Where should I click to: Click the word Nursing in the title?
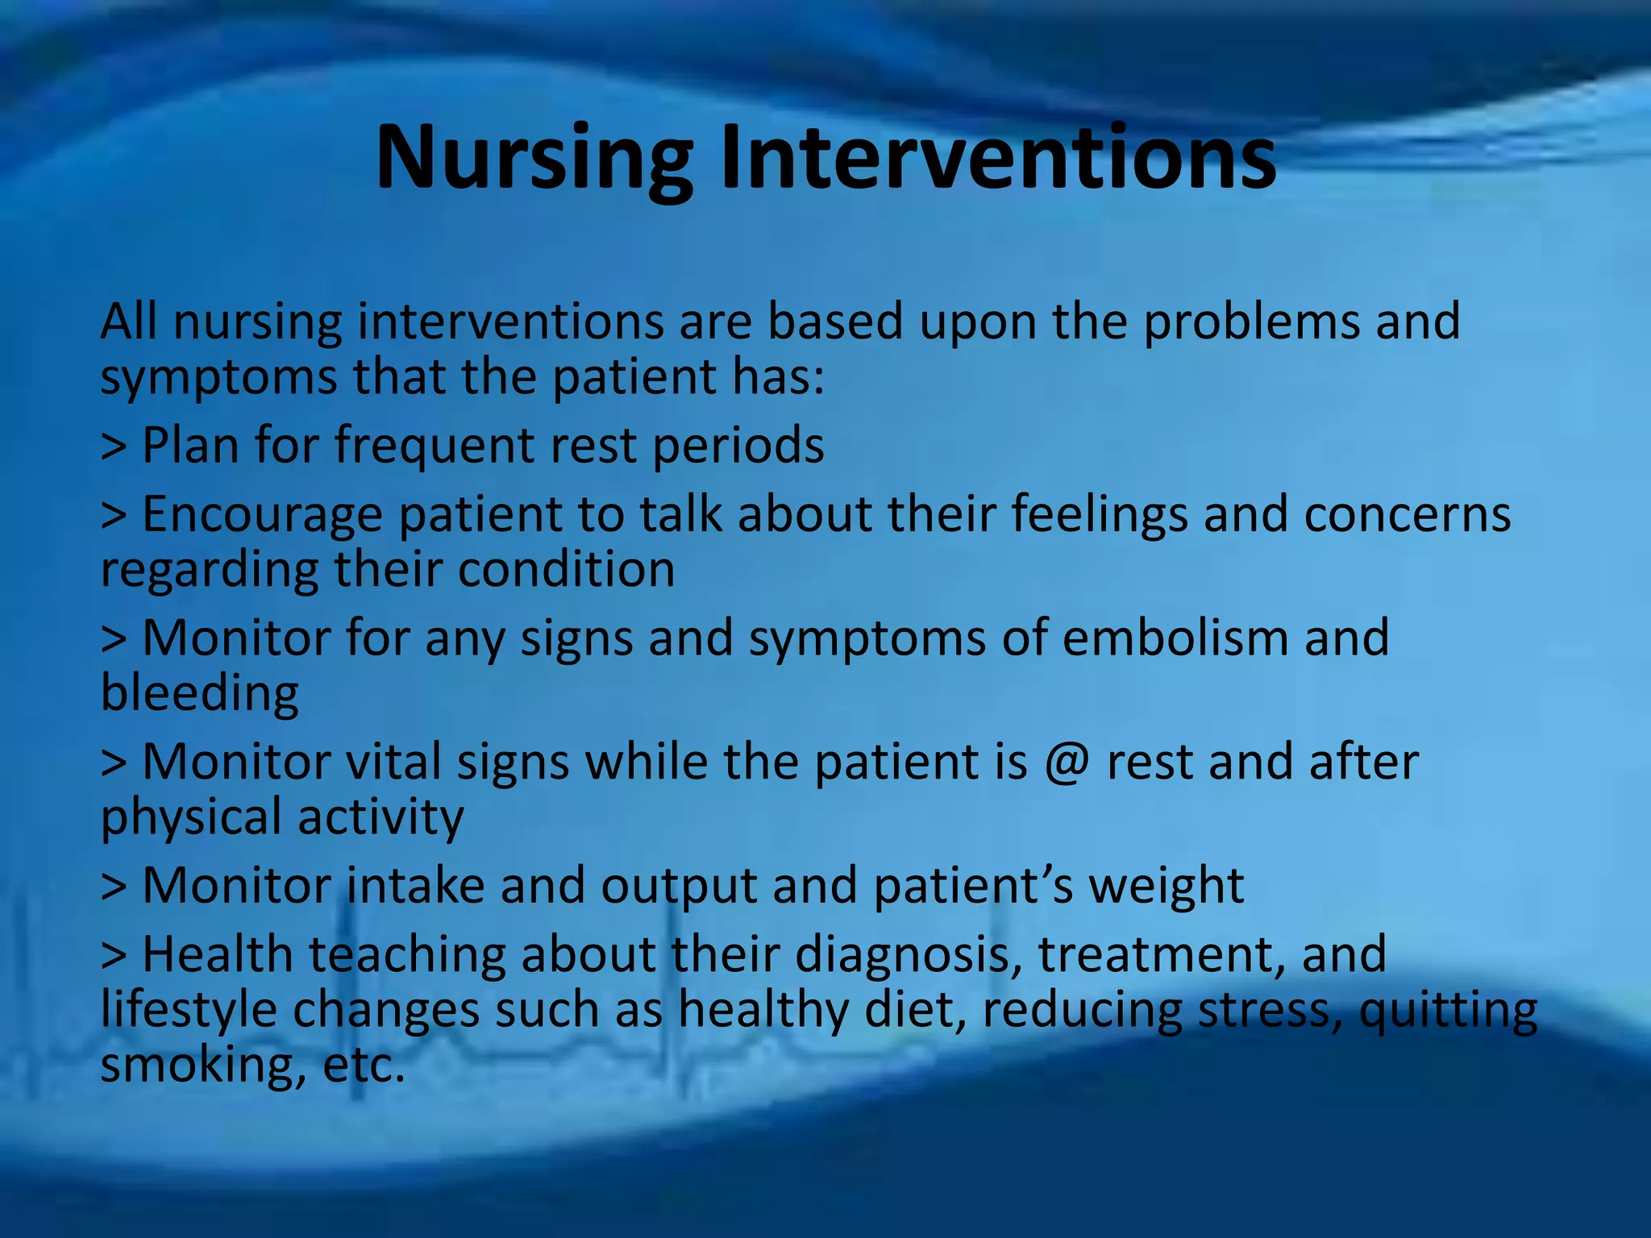click(x=534, y=159)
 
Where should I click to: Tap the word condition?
click(x=566, y=570)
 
